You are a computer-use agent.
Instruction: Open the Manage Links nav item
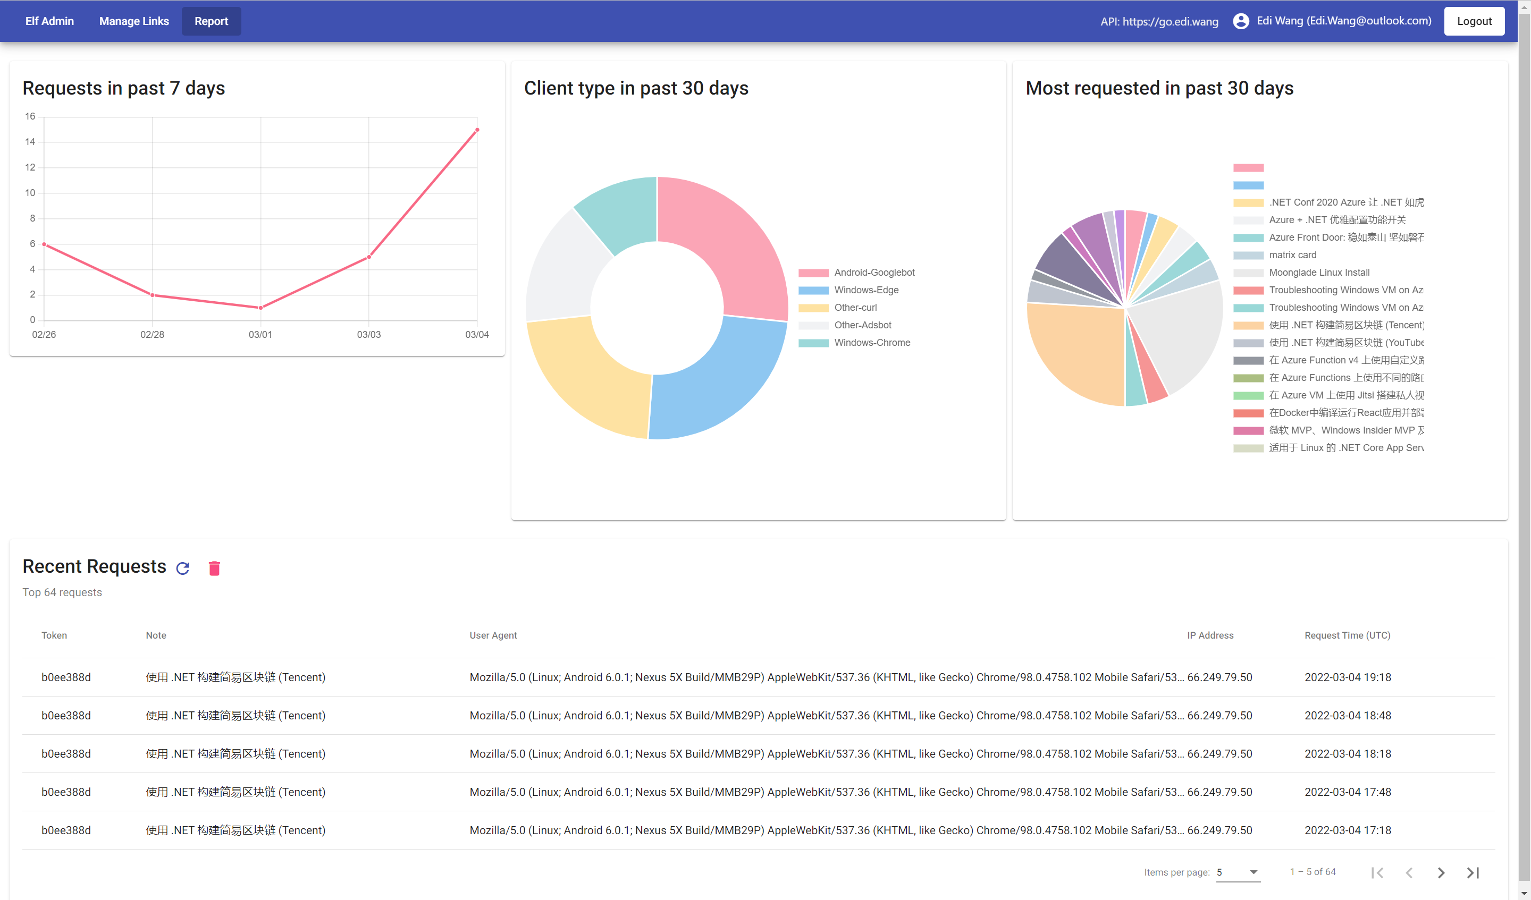(x=133, y=21)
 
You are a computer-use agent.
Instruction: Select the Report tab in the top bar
(x=211, y=21)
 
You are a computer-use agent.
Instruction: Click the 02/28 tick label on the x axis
(x=152, y=335)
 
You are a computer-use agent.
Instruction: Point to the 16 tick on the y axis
(x=30, y=116)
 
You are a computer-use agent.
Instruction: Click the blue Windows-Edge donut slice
(x=723, y=383)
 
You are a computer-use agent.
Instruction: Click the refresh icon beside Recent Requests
(x=183, y=568)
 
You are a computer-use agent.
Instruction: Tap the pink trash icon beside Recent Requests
(x=214, y=568)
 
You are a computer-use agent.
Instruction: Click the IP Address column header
(x=1209, y=635)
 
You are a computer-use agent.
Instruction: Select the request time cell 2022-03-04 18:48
(x=1347, y=716)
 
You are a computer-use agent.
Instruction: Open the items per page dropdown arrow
(x=1253, y=872)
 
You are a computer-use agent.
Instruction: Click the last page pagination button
(x=1472, y=873)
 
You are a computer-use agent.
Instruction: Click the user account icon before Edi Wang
(x=1241, y=21)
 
